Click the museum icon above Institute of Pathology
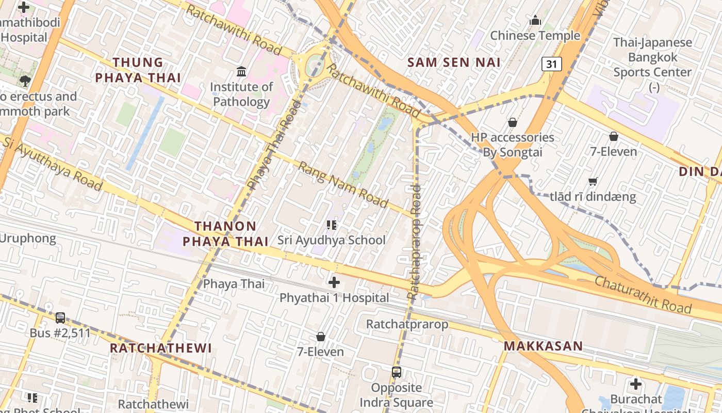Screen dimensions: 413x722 pyautogui.click(x=241, y=71)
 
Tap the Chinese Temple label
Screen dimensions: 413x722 pyautogui.click(x=535, y=36)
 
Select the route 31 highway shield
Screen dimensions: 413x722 pyautogui.click(x=551, y=64)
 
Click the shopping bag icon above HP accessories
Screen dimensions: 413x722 pyautogui.click(x=512, y=122)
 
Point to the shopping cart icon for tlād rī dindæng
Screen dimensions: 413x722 pyautogui.click(x=593, y=181)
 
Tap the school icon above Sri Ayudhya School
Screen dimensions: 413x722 pyautogui.click(x=332, y=225)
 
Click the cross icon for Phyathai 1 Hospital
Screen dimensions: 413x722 pyautogui.click(x=334, y=282)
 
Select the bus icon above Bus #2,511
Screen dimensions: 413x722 pyautogui.click(x=60, y=317)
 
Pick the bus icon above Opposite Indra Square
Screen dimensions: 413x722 pyautogui.click(x=396, y=372)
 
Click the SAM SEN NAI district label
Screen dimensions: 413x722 pyautogui.click(x=454, y=62)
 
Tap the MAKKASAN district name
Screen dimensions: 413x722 pyautogui.click(x=543, y=346)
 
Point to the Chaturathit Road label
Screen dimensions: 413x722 pyautogui.click(x=643, y=294)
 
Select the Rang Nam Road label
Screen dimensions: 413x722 pyautogui.click(x=343, y=185)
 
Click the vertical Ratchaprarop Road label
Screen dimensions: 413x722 pyautogui.click(x=414, y=242)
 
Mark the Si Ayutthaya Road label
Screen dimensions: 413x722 pyautogui.click(x=52, y=163)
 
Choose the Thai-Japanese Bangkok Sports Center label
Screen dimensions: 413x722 pyautogui.click(x=652, y=57)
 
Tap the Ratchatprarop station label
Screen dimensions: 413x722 pyautogui.click(x=407, y=324)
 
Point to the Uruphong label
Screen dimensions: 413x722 pyautogui.click(x=28, y=239)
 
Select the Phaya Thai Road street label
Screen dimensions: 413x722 pyautogui.click(x=274, y=145)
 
